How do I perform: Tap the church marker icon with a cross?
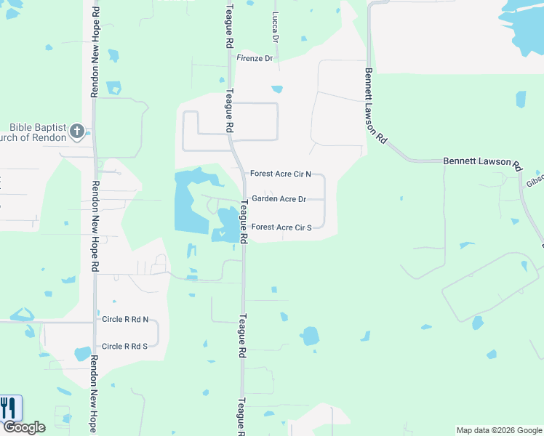77,132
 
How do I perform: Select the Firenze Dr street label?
255,58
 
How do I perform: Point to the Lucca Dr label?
275,26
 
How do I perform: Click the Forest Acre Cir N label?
281,174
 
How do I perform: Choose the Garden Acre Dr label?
279,199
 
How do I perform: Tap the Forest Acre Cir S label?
281,227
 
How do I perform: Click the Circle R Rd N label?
125,319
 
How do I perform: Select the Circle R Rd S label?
124,347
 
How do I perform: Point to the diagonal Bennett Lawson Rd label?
375,106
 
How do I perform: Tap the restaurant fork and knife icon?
8,407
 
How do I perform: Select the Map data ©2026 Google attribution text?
499,430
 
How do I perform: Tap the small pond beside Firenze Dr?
277,90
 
